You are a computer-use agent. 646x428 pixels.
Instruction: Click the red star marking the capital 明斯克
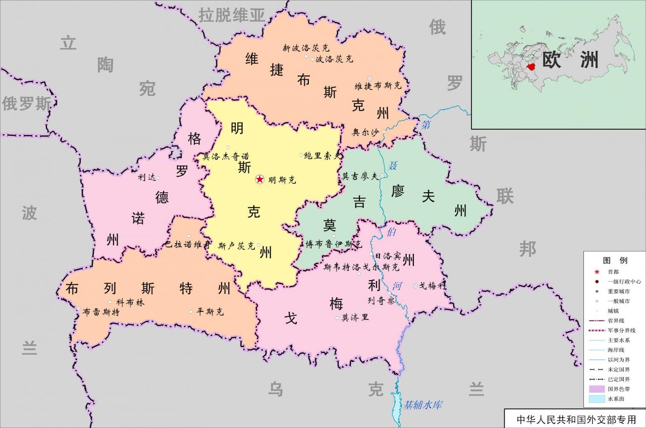(x=259, y=179)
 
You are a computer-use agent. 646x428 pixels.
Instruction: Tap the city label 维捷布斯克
(x=378, y=86)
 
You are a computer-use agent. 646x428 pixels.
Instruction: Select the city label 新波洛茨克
(x=306, y=48)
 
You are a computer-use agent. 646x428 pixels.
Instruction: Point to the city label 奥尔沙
(x=365, y=132)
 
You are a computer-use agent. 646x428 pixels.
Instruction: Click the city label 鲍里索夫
(x=323, y=156)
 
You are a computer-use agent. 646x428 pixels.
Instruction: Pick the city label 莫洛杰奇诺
(x=226, y=156)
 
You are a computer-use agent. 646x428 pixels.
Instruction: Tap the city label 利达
(x=146, y=177)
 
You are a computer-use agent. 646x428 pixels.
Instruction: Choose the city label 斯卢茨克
(x=236, y=246)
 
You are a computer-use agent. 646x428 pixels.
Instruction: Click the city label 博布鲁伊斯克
(x=334, y=244)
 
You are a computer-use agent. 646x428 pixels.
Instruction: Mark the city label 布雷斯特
(x=101, y=312)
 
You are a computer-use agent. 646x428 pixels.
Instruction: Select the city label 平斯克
(x=210, y=312)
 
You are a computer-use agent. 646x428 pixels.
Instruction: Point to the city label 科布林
(x=130, y=302)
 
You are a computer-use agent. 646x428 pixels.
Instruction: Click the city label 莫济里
(x=355, y=317)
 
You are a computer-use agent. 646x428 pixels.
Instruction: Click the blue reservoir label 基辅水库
(x=422, y=405)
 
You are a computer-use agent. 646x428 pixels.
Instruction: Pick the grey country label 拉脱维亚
(x=232, y=15)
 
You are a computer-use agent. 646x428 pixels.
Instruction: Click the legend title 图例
(x=615, y=260)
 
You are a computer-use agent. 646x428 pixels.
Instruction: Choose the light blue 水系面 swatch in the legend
(x=596, y=399)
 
